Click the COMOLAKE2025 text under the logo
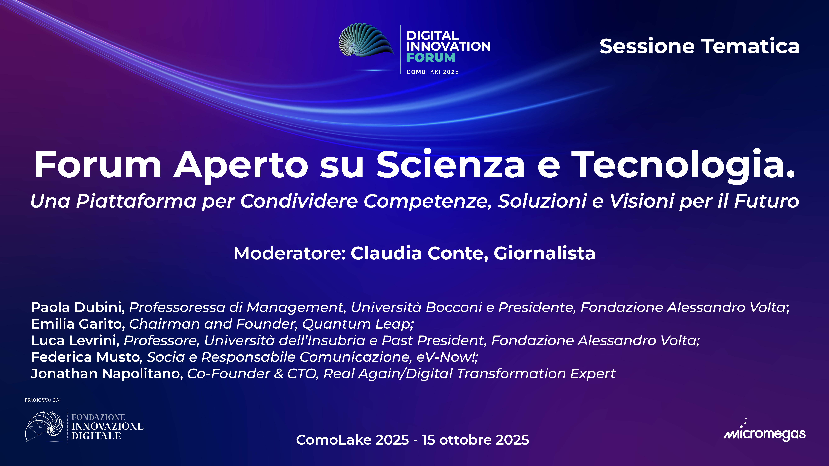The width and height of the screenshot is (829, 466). pos(433,72)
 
